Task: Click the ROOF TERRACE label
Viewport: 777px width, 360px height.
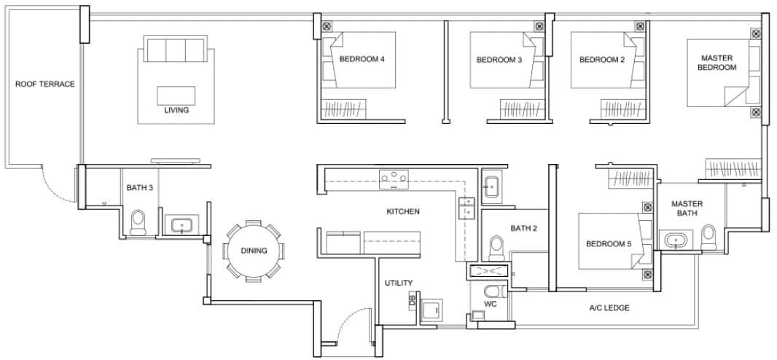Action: (x=44, y=85)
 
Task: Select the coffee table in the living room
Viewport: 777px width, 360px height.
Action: (x=176, y=95)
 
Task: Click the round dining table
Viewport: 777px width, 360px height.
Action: (x=253, y=251)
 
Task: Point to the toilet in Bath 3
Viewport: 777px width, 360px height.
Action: (x=138, y=223)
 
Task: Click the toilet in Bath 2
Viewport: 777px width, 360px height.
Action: (x=497, y=248)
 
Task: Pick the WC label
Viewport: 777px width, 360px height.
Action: (x=490, y=304)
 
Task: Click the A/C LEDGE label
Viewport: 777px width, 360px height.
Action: (x=609, y=308)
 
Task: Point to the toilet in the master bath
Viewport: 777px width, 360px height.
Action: (x=708, y=236)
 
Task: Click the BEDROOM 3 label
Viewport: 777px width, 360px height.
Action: (x=499, y=60)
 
